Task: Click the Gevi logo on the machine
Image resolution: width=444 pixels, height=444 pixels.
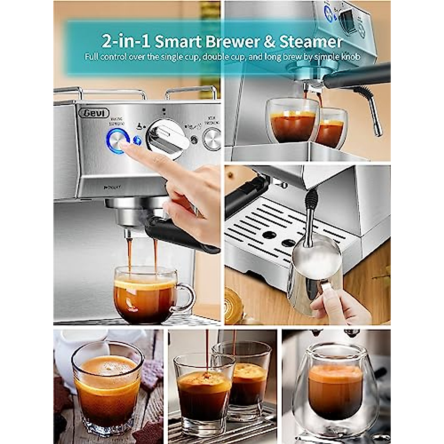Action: click(x=94, y=113)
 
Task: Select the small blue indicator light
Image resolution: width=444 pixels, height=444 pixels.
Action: click(x=138, y=141)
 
